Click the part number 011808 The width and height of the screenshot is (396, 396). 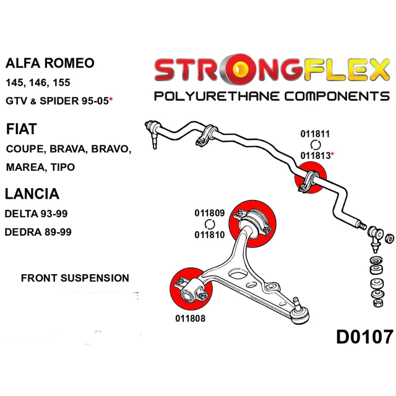click(x=191, y=319)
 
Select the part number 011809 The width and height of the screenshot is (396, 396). click(x=210, y=213)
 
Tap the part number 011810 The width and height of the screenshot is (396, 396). click(x=210, y=235)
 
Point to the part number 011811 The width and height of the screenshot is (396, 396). click(x=315, y=134)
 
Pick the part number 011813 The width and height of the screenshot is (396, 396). click(x=316, y=155)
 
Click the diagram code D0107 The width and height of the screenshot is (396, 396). click(x=364, y=337)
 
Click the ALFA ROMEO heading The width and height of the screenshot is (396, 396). click(x=49, y=63)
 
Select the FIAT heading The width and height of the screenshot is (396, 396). click(x=22, y=129)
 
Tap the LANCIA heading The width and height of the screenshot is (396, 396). click(x=32, y=194)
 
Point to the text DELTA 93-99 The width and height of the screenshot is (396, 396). click(x=36, y=214)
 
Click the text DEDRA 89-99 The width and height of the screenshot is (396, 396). click(x=38, y=232)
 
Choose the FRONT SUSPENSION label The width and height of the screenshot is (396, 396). click(x=75, y=278)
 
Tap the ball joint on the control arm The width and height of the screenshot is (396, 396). click(x=299, y=313)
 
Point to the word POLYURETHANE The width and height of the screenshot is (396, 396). click(x=217, y=97)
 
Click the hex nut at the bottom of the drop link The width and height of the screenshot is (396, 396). click(x=377, y=303)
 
